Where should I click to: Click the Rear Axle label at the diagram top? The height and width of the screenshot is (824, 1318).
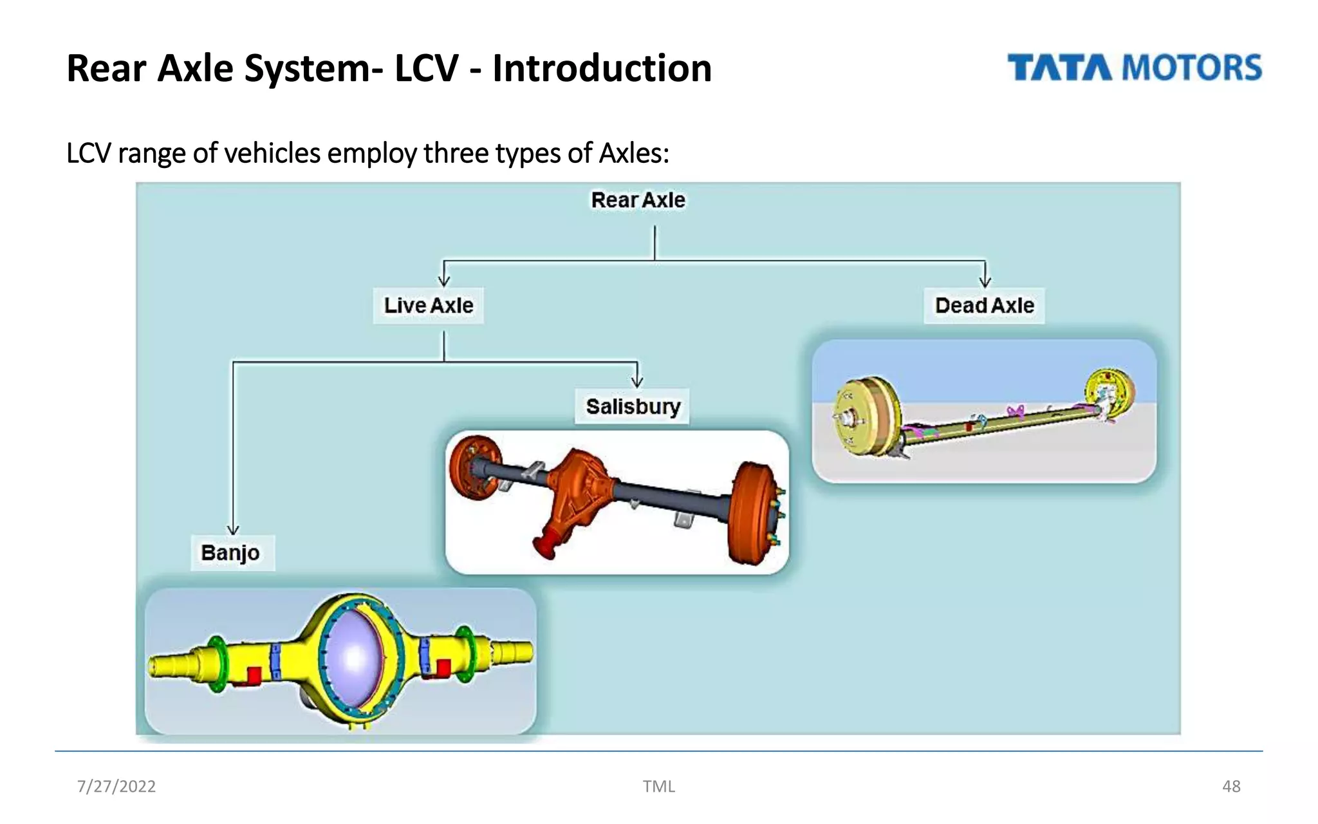pos(638,200)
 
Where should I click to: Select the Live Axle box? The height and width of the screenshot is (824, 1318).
pos(429,305)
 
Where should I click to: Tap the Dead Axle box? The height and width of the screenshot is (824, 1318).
pos(984,305)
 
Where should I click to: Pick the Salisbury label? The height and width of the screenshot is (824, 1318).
pos(633,406)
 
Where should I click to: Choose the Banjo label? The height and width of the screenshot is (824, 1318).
pos(230,552)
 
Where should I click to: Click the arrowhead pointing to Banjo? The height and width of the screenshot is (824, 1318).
pos(233,529)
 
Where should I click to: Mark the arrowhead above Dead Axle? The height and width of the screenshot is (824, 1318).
pos(985,281)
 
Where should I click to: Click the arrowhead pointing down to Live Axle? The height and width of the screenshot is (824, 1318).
pos(444,281)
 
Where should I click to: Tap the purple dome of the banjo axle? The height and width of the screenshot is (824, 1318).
pos(353,657)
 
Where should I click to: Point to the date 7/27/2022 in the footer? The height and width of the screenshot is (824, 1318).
pos(116,786)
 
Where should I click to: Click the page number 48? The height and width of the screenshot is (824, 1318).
pos(1230,786)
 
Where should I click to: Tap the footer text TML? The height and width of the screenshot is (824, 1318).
pos(658,786)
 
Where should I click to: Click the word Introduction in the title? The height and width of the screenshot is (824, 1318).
pos(602,68)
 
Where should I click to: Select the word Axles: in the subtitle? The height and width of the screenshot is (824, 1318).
pos(634,153)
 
